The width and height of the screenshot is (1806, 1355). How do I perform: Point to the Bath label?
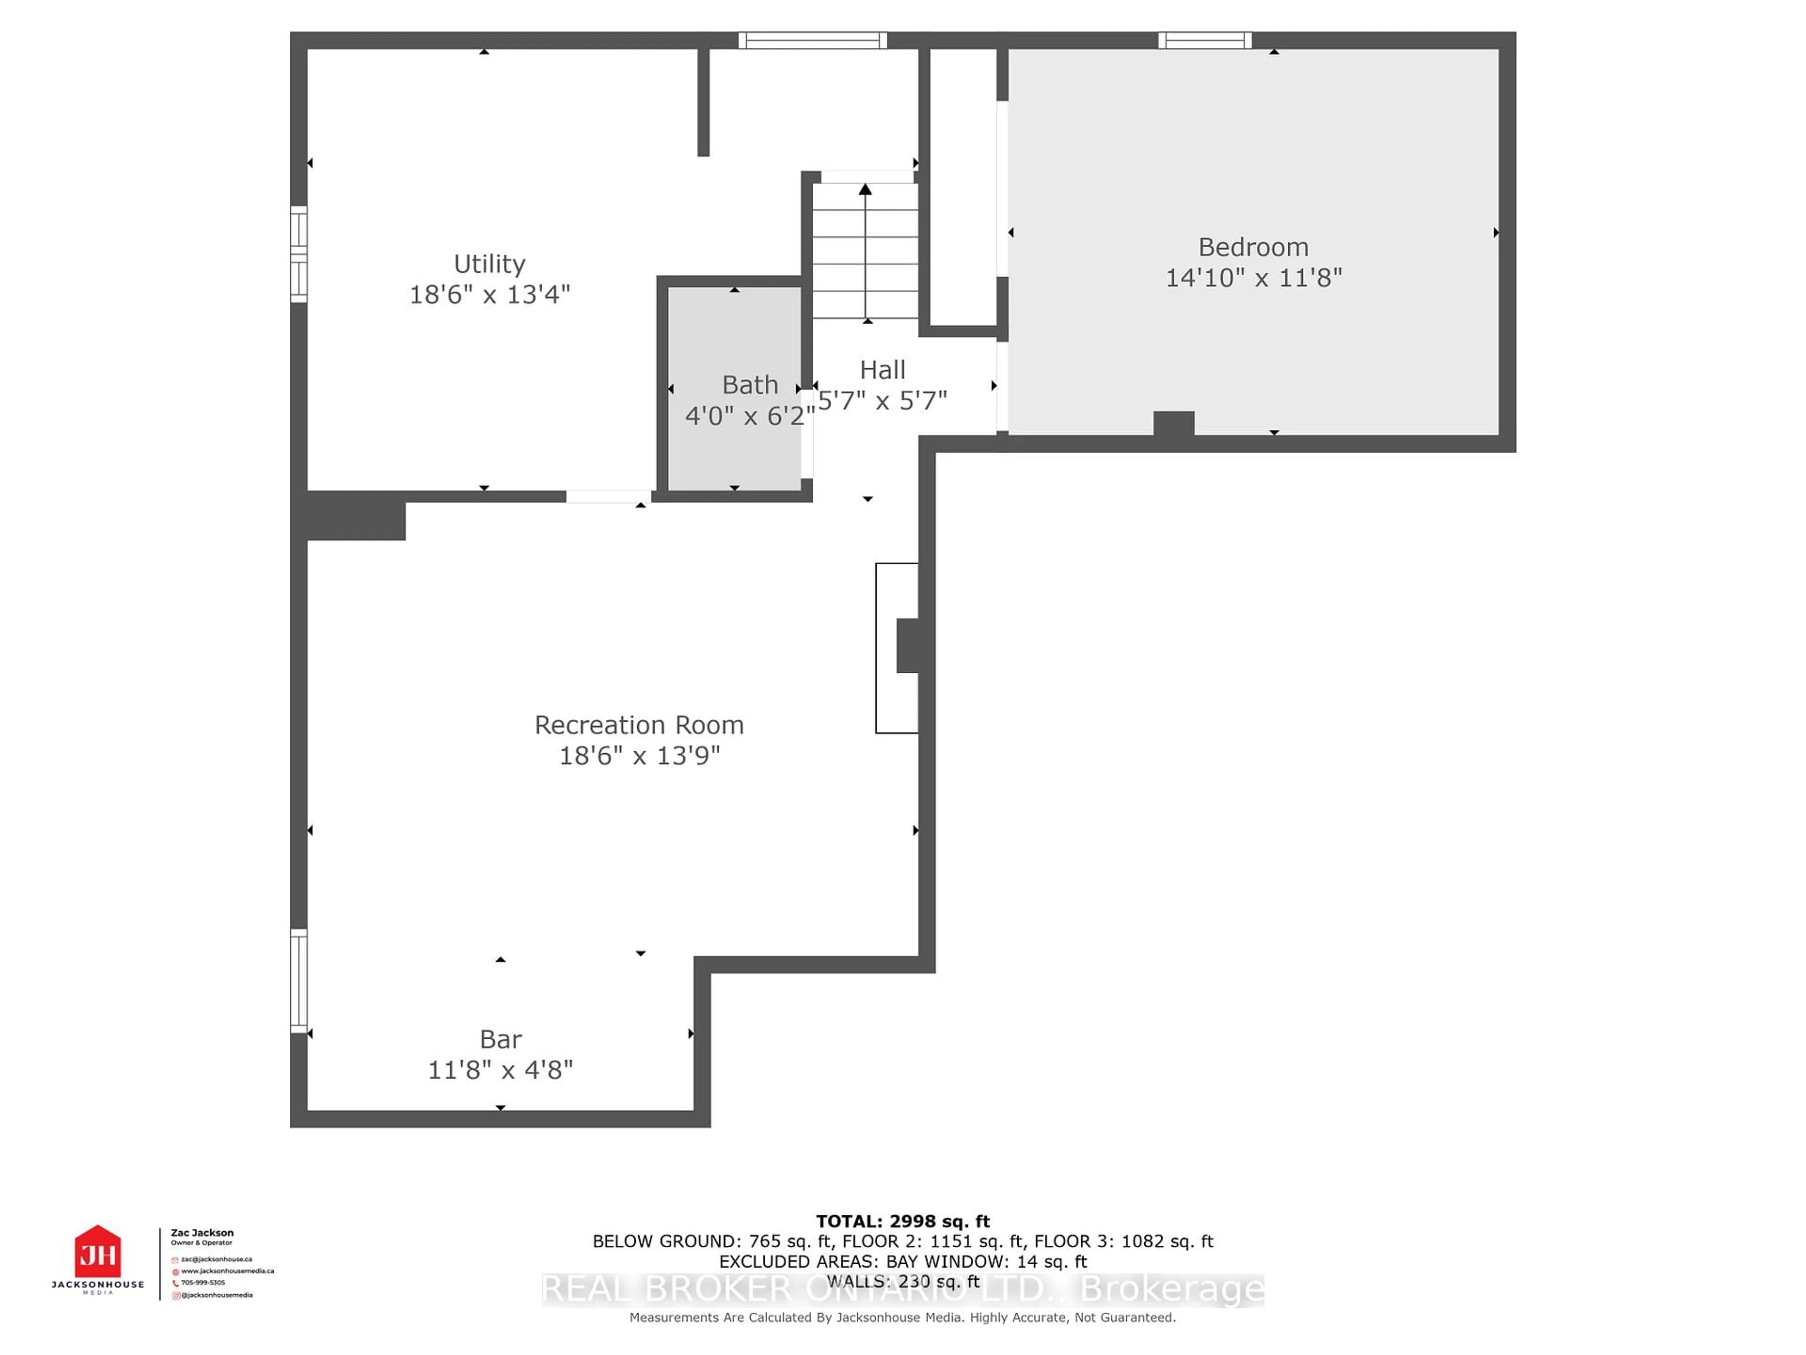click(x=750, y=385)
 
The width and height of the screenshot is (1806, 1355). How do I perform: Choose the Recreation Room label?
click(x=639, y=725)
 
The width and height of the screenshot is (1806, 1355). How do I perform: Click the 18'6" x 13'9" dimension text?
click(x=639, y=756)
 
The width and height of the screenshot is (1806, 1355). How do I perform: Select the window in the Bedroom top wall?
click(x=1204, y=40)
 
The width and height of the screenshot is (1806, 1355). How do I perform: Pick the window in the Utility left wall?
click(x=299, y=254)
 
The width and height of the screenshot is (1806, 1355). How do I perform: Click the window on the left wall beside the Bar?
click(x=299, y=980)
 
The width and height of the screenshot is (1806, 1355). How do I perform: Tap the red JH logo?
click(x=98, y=1251)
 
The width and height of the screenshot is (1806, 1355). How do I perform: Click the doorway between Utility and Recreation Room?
click(x=608, y=496)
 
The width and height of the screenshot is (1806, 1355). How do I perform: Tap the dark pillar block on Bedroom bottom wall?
click(x=1173, y=423)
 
